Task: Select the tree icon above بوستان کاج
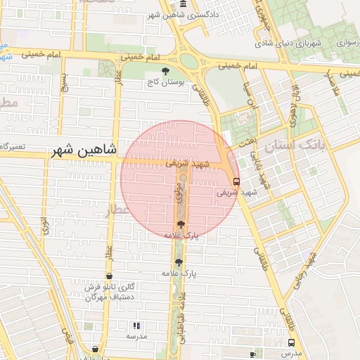166,71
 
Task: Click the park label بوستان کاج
165,82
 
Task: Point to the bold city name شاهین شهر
82,151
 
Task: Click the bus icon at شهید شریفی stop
234,181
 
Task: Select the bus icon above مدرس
291,342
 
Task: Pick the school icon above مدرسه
136,326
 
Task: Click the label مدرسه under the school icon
136,337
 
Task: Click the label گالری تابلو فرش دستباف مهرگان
109,292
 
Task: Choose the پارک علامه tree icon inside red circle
181,224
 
